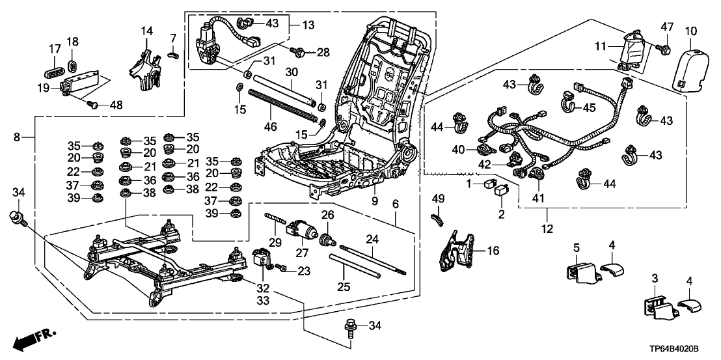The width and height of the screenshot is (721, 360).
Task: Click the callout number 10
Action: (690, 30)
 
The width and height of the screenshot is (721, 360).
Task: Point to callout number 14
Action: (146, 31)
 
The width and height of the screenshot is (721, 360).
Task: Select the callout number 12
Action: (547, 228)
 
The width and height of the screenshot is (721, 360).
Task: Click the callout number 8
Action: (17, 137)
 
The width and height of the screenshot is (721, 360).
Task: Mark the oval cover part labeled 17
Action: (53, 69)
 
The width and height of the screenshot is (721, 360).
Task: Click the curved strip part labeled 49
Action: (437, 211)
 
